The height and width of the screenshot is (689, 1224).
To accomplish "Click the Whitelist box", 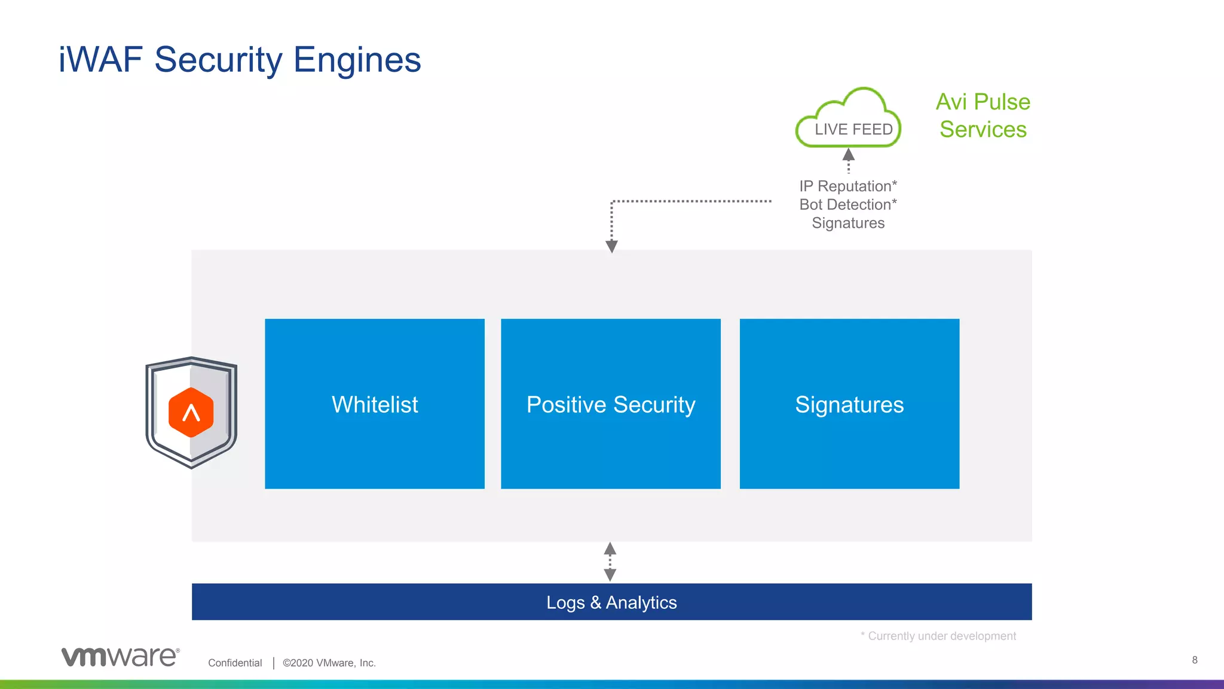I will [375, 404].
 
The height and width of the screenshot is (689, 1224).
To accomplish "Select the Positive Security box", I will [610, 404].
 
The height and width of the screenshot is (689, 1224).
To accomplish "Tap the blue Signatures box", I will [849, 404].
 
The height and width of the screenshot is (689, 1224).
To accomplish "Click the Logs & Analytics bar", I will [611, 602].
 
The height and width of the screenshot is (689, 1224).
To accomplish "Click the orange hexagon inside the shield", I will [191, 412].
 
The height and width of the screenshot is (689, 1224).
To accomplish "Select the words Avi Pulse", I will [983, 102].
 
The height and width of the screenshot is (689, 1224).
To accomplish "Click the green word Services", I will [983, 129].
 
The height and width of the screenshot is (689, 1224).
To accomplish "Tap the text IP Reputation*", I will [847, 186].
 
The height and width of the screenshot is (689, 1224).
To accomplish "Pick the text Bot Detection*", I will [847, 205].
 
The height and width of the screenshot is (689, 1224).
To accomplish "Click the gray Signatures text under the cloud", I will [847, 223].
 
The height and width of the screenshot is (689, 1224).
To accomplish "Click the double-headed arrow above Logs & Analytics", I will [610, 562].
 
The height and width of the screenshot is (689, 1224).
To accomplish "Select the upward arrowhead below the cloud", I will [848, 155].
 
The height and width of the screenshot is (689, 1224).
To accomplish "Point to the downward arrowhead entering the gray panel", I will [611, 246].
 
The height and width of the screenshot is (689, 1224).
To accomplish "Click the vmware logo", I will [120, 657].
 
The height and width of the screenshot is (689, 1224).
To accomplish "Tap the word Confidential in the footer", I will [235, 663].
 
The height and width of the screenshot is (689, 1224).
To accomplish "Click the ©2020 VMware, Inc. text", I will [329, 663].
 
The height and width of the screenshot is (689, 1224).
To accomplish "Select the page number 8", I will [1194, 660].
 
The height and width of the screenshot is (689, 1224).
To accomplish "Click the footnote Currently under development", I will [941, 636].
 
